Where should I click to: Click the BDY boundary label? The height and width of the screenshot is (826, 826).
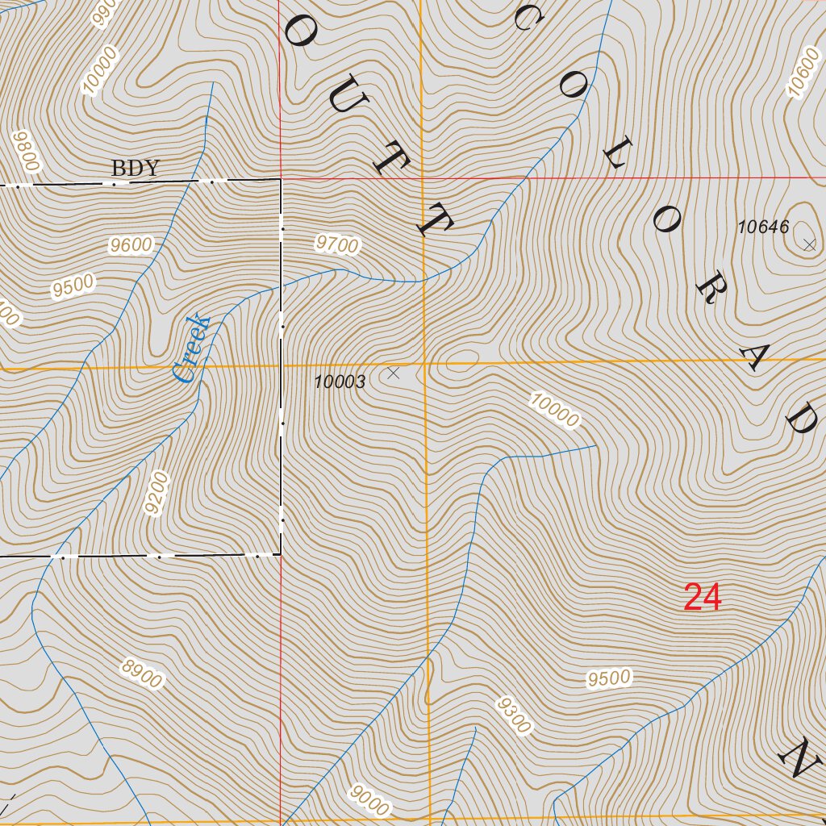(136, 169)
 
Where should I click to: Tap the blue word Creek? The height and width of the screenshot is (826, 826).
(192, 348)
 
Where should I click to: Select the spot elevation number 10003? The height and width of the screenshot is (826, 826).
(340, 382)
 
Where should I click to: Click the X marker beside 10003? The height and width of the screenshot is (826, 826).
(393, 373)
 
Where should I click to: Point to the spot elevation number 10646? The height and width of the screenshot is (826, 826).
(763, 227)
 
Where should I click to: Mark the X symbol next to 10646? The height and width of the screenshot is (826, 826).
(809, 244)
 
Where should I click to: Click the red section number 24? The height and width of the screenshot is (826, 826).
(702, 598)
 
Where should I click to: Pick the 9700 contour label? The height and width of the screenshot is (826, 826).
(337, 244)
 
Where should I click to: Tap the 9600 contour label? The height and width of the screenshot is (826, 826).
(131, 245)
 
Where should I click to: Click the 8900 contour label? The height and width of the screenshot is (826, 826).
(142, 674)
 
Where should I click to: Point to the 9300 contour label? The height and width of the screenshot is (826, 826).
(513, 715)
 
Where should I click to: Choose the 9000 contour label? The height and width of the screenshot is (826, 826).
(370, 801)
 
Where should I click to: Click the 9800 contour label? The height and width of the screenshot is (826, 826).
(27, 151)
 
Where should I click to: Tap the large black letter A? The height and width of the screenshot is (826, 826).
(759, 356)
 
